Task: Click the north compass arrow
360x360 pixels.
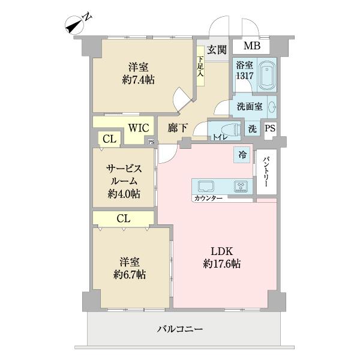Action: coord(75,23)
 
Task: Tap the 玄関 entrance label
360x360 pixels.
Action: coord(217,50)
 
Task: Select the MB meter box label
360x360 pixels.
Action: coord(251,46)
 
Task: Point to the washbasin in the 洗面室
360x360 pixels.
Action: coord(272,107)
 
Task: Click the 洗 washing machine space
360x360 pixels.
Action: coord(252,128)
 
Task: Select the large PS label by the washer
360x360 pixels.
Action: coord(271,128)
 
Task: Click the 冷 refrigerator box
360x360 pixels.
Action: coord(242,154)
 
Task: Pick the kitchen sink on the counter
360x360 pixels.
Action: coord(205,185)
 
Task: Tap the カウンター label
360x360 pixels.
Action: coord(208,198)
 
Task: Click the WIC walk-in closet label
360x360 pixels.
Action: coord(137,128)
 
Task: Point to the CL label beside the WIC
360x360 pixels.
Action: coord(109,139)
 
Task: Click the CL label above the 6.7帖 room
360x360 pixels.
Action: coord(123,218)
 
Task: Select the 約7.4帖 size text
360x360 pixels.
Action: coord(137,79)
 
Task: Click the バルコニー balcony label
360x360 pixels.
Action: coord(180,329)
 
